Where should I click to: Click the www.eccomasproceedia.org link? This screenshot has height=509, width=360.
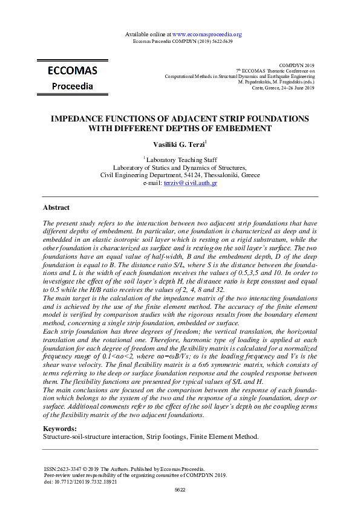207,34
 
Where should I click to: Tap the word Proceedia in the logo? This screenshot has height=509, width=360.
72,86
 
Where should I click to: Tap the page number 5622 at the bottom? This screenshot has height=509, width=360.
180,490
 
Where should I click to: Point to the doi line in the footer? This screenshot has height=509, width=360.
80,482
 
